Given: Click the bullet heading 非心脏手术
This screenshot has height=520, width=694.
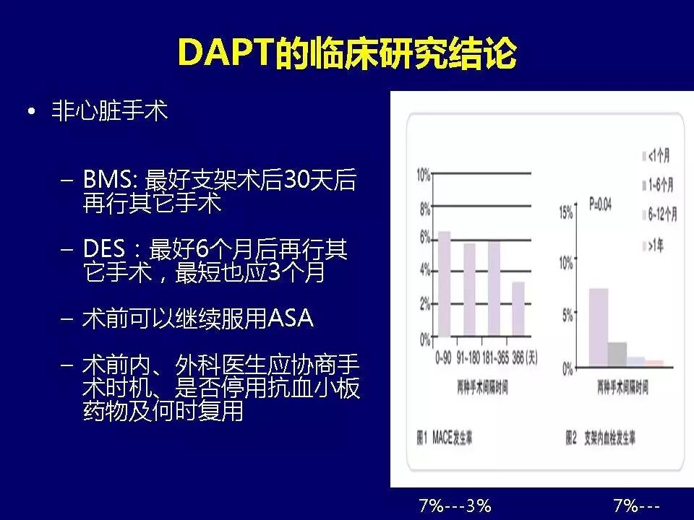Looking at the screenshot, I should tap(109, 113).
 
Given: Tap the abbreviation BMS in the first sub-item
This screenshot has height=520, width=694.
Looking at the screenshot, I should tap(111, 180).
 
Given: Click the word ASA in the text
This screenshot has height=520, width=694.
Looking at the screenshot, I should tap(291, 318).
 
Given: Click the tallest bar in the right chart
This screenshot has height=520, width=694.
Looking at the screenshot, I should tap(598, 328).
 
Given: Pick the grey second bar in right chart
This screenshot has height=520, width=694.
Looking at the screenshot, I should tap(617, 355).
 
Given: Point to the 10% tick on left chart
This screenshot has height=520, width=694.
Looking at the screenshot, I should tap(423, 174).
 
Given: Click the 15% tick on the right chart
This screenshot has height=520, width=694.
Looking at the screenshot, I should tap(566, 212).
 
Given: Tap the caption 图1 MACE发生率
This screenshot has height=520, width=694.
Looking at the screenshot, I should tap(445, 438).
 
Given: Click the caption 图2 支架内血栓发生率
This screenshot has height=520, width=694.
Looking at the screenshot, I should tap(600, 438).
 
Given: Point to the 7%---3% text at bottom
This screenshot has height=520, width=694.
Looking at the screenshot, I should tap(455, 505).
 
